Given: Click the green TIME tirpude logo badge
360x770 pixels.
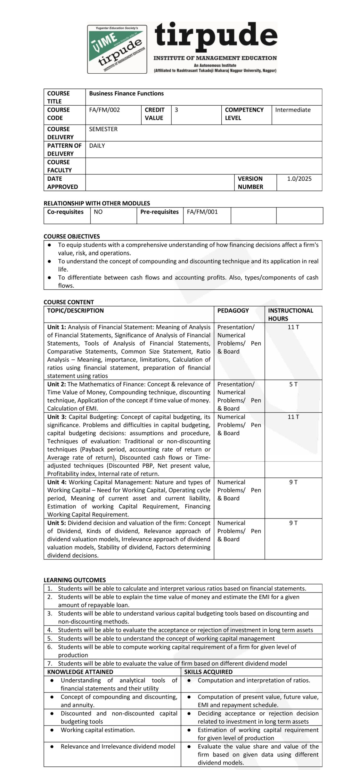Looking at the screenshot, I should pyautogui.click(x=117, y=49).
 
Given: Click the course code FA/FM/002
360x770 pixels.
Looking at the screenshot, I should pyautogui.click(x=104, y=110).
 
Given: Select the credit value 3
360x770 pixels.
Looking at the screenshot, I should pyautogui.click(x=176, y=110).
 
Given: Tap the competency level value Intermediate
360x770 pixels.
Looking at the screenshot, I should pyautogui.click(x=293, y=110).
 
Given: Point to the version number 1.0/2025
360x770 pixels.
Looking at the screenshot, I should pyautogui.click(x=299, y=179).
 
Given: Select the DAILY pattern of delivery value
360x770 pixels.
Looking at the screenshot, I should pyautogui.click(x=97, y=146).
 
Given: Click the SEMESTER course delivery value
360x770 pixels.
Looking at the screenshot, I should pyautogui.click(x=103, y=129).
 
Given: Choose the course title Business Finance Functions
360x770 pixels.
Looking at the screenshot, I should pyautogui.click(x=126, y=94).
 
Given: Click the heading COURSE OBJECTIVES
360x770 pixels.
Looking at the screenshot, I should pyautogui.click(x=72, y=236).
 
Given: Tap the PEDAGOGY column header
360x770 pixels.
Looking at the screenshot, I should pyautogui.click(x=233, y=310).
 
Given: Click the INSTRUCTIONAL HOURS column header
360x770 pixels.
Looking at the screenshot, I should pyautogui.click(x=290, y=314).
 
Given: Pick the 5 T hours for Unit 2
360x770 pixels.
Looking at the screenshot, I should pyautogui.click(x=293, y=384).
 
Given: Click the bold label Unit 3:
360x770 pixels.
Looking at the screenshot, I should pyautogui.click(x=57, y=417).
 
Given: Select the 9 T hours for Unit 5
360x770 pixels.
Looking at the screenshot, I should pyautogui.click(x=293, y=523).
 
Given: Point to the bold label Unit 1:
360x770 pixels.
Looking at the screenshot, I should pyautogui.click(x=57, y=327).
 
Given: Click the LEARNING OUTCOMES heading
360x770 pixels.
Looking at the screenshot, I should pyautogui.click(x=75, y=580).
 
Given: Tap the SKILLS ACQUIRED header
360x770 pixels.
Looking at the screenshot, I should pyautogui.click(x=208, y=672).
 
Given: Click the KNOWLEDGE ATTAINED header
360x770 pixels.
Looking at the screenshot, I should pyautogui.click(x=80, y=672).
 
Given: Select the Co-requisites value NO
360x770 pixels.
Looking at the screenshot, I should pyautogui.click(x=98, y=212).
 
